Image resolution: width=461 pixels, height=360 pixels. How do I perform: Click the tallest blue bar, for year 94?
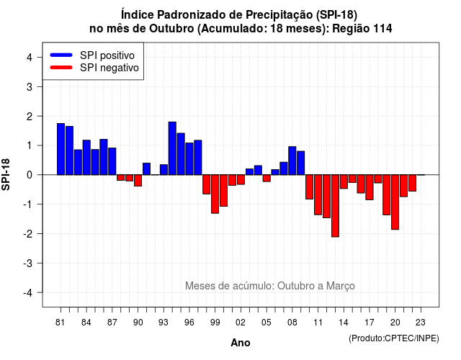point(172,148)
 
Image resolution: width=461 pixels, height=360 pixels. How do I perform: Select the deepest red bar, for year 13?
point(335,206)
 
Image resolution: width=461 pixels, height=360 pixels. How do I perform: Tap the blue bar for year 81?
point(61,149)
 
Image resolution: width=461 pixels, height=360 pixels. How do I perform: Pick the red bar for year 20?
point(395,202)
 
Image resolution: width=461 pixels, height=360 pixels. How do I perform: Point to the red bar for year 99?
point(215,194)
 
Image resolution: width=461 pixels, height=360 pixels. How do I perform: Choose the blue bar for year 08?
point(292,161)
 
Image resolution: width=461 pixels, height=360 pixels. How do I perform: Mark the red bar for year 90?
point(138,181)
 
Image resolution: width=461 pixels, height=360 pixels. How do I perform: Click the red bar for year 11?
point(318,195)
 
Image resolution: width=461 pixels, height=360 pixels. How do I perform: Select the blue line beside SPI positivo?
point(61,55)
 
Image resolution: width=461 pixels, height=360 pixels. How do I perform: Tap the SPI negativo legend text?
point(109,68)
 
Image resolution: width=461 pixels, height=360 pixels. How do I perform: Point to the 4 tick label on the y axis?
point(30,58)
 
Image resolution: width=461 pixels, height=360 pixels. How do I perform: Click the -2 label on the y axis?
point(28,233)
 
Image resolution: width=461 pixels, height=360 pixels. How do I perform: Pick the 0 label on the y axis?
point(30,175)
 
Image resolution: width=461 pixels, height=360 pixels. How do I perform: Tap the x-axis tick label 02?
point(241,323)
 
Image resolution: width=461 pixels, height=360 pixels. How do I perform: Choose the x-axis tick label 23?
point(421,323)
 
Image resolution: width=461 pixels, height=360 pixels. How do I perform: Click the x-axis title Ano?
point(241,343)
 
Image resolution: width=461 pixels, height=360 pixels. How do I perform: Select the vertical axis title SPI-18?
point(6,174)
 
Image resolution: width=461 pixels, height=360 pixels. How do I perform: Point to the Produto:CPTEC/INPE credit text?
point(394,338)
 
